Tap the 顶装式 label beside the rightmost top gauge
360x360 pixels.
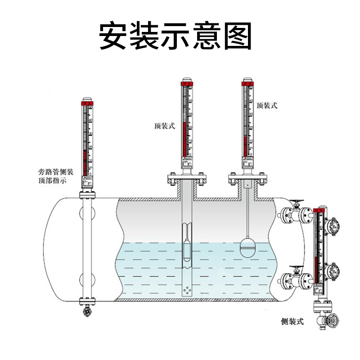coord(267,105)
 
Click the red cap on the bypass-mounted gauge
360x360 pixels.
coord(88,104)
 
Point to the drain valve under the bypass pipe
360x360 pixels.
coord(87,311)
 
